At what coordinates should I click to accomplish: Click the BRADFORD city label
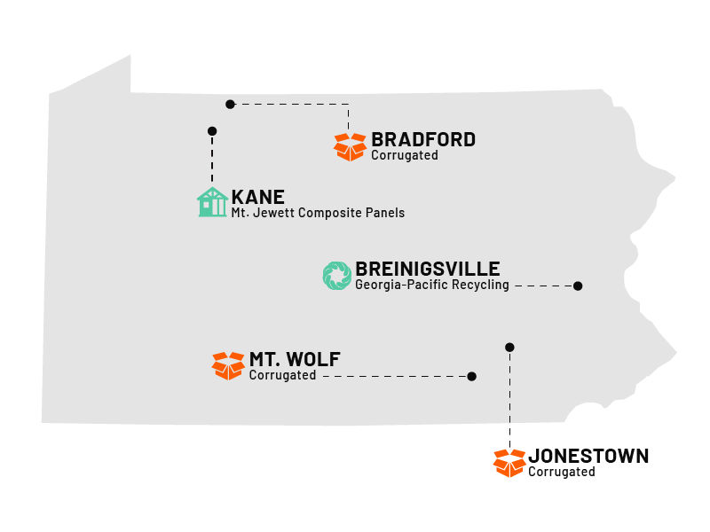click(x=423, y=139)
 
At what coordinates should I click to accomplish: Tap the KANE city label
click(x=258, y=196)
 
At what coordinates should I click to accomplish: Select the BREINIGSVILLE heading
click(x=428, y=269)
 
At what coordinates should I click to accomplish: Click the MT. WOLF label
click(x=295, y=359)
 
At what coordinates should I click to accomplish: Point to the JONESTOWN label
click(x=588, y=456)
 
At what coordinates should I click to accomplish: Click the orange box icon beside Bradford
click(x=350, y=146)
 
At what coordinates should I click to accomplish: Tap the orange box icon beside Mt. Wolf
click(x=228, y=365)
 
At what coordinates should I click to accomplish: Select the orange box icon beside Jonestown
click(x=509, y=463)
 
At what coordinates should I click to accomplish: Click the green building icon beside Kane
click(x=212, y=202)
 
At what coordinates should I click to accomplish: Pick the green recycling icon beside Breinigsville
click(x=337, y=276)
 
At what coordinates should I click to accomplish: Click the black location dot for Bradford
click(x=230, y=104)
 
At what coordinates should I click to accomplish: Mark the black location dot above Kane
click(x=212, y=131)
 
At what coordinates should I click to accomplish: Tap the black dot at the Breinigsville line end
click(x=578, y=286)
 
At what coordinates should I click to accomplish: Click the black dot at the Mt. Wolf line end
click(x=471, y=376)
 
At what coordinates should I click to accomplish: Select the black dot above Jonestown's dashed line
click(x=509, y=347)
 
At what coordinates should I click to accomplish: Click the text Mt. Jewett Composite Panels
click(x=318, y=213)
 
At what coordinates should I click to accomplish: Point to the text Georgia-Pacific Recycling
click(x=432, y=286)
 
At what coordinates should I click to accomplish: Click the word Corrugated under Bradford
click(x=405, y=156)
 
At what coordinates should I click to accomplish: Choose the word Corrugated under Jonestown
click(x=562, y=473)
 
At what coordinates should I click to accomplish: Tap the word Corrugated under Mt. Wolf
click(x=282, y=376)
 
